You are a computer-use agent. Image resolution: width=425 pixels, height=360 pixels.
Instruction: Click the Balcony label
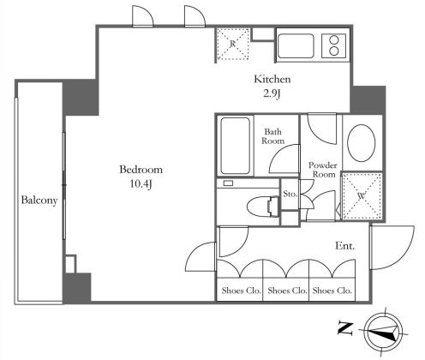(39, 200)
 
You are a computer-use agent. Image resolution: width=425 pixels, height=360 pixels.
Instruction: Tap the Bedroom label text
(141, 170)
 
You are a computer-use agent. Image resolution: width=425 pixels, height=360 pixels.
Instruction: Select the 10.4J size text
(141, 184)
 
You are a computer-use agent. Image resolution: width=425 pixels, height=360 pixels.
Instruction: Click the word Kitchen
(272, 79)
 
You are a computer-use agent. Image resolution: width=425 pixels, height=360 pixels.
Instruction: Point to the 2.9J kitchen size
(272, 93)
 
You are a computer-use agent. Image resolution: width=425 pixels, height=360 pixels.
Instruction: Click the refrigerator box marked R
(232, 44)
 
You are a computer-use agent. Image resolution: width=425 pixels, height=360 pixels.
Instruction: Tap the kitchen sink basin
(296, 46)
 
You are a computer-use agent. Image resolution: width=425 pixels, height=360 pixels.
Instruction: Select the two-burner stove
(333, 45)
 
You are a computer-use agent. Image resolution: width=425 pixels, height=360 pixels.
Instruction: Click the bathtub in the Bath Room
(236, 146)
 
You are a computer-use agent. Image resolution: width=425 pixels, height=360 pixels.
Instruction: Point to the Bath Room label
(273, 136)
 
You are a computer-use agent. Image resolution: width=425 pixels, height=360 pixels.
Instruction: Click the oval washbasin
(362, 143)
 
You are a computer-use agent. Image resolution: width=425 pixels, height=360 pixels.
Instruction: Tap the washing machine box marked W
(362, 195)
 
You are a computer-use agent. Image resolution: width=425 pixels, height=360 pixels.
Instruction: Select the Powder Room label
(323, 170)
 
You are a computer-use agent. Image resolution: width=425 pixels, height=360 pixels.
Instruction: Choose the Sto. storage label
(290, 194)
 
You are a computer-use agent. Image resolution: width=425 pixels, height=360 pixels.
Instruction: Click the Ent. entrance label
(345, 246)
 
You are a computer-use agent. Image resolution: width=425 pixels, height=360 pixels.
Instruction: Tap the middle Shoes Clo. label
(287, 291)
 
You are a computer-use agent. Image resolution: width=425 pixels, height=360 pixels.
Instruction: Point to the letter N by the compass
(345, 328)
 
